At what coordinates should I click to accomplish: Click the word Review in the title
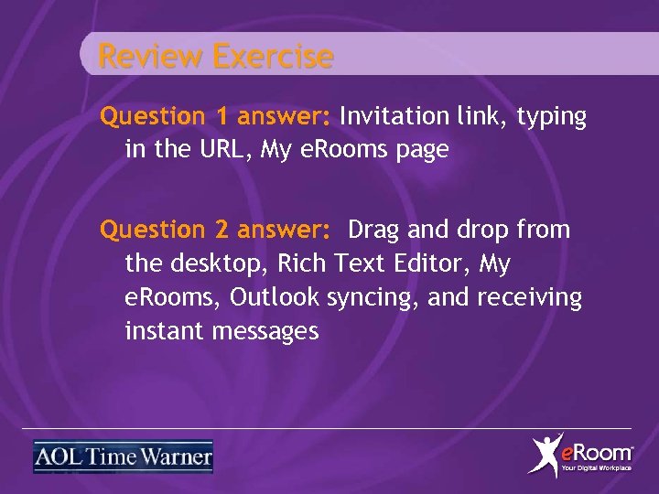(x=151, y=57)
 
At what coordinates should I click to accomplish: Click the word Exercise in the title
(x=273, y=57)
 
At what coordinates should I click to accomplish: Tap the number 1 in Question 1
(x=222, y=117)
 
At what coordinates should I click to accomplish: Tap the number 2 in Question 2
(x=223, y=230)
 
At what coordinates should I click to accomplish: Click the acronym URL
(x=224, y=150)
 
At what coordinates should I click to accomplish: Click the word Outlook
(x=275, y=297)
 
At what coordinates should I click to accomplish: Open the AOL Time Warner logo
(x=123, y=456)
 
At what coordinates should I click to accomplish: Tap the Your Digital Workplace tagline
(x=596, y=468)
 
